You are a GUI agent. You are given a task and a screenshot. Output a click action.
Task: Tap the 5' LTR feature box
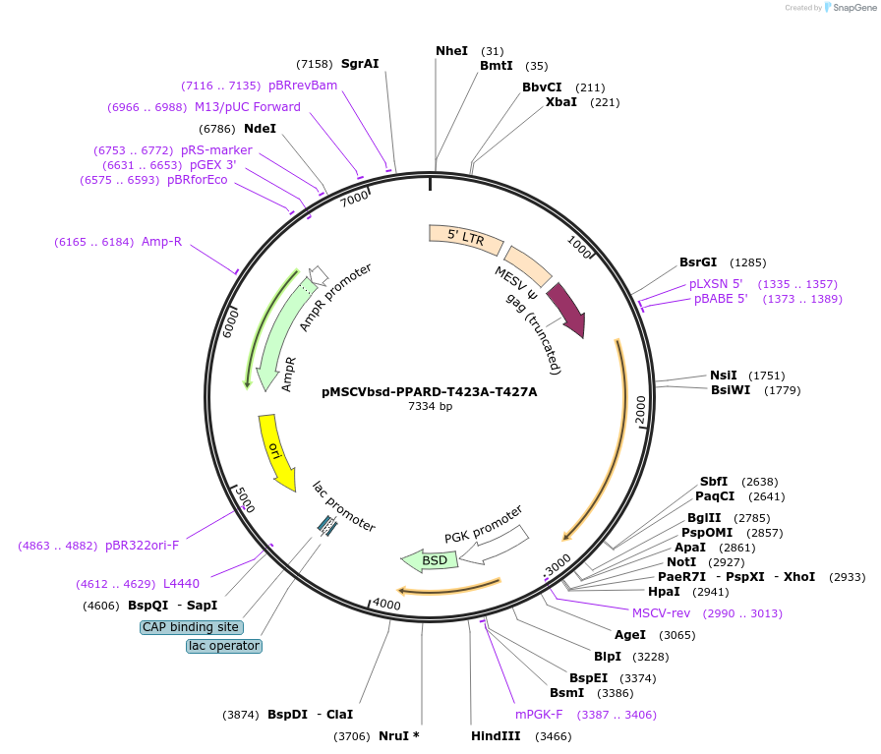466,236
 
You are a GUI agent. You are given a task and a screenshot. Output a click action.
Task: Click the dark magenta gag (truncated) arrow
567,310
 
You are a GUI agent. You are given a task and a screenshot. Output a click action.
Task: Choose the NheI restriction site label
452,51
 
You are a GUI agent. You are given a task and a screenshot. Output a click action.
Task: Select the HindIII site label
496,735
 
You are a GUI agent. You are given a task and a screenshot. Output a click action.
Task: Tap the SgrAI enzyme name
360,64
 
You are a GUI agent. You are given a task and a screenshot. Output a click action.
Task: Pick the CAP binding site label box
192,627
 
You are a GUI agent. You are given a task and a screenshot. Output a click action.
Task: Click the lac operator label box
224,646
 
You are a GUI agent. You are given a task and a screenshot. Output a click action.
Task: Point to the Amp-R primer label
161,241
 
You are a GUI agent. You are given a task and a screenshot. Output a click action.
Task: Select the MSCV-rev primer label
661,612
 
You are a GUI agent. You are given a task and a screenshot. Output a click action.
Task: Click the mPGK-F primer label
539,715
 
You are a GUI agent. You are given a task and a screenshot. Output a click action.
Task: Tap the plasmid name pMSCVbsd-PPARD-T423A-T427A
430,391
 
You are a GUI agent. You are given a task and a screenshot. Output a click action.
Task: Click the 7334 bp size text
431,406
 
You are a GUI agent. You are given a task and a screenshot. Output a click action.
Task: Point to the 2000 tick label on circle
640,410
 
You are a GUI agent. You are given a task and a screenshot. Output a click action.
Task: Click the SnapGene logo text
852,8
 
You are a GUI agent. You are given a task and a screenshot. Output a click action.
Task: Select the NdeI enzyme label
260,128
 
